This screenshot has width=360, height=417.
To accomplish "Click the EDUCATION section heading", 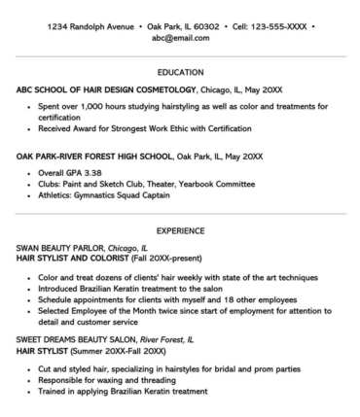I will [x=179, y=73].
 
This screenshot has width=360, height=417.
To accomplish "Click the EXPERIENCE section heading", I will [x=179, y=231].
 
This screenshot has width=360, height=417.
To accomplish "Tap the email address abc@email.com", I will [x=179, y=38].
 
